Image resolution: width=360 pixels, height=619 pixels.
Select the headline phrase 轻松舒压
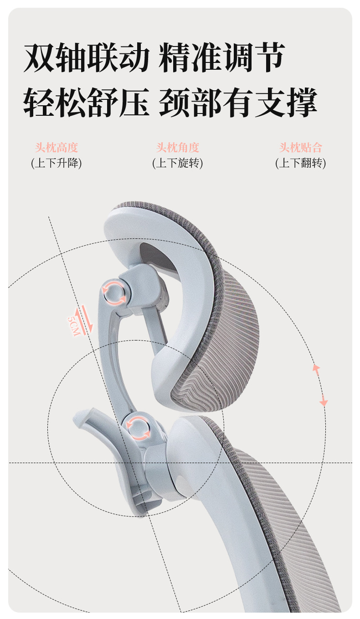click(87, 102)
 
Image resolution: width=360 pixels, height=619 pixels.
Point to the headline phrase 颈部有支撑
click(238, 102)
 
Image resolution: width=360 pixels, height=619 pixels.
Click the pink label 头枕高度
click(57, 148)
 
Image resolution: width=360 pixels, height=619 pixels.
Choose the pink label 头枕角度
click(178, 148)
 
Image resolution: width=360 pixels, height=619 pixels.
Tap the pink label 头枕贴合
click(301, 148)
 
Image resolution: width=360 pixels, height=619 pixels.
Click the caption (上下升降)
click(57, 163)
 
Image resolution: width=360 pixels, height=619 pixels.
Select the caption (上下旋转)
click(178, 163)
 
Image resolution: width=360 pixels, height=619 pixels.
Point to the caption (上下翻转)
click(301, 163)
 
